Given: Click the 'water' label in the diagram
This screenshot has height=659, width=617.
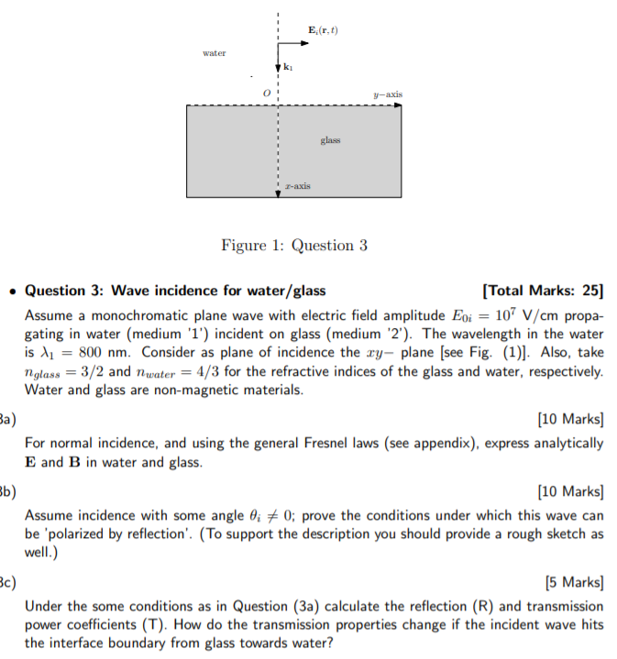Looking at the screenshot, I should [214, 53].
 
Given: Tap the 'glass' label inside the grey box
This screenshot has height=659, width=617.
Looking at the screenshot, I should [330, 140].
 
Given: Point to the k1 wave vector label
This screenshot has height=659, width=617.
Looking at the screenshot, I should [290, 68].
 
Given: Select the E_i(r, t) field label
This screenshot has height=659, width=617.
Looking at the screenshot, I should [324, 30].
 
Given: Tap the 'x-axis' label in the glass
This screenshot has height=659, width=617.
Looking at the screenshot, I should [298, 186].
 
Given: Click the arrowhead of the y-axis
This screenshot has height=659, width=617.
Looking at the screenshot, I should [399, 105].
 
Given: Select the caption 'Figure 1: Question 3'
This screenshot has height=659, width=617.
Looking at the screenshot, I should [293, 246].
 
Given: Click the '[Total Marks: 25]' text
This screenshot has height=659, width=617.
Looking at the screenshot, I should [542, 291].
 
